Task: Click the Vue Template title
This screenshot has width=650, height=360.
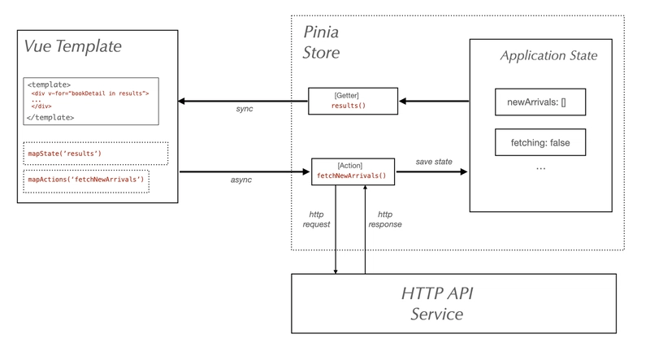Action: point(74,46)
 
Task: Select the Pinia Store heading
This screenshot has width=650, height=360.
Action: point(322,43)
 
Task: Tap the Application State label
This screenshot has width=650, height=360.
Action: point(549,56)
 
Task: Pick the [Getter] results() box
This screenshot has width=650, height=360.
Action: point(353,101)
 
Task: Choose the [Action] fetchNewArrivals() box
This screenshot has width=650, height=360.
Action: point(353,171)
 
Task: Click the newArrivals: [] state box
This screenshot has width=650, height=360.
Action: point(540,102)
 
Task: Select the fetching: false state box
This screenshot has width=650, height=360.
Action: point(540,143)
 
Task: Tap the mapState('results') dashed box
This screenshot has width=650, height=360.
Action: point(97,153)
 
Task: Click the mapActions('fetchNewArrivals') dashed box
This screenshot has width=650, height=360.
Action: point(86,180)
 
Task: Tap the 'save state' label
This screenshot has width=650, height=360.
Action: point(435,162)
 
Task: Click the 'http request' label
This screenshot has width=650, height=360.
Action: point(316,219)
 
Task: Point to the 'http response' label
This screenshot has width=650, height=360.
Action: point(386,219)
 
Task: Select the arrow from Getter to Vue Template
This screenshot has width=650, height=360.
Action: point(243,101)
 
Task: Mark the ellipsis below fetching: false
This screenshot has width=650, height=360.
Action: point(540,168)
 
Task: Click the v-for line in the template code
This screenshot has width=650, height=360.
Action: point(90,93)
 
